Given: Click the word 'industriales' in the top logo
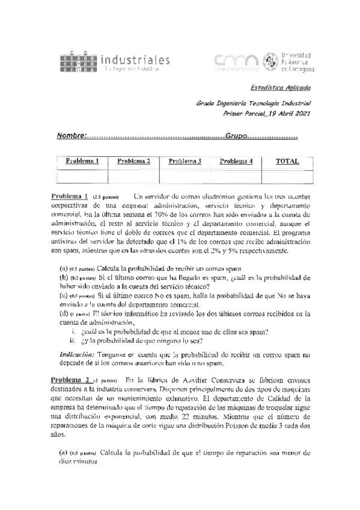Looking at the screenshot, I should pos(135,60).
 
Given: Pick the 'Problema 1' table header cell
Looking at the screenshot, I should pos(82,161).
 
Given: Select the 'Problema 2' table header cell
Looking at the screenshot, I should pos(133,161).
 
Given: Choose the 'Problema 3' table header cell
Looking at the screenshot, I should pos(185,161).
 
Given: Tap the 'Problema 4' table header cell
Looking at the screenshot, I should pos(236,161).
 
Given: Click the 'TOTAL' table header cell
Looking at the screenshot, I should pos(287,161).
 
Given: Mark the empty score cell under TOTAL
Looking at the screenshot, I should pos(287,176).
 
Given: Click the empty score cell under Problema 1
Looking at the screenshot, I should pos(82,176).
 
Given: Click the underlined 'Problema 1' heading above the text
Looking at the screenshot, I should pos(70,196).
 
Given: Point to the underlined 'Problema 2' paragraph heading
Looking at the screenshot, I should pos(70,380).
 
